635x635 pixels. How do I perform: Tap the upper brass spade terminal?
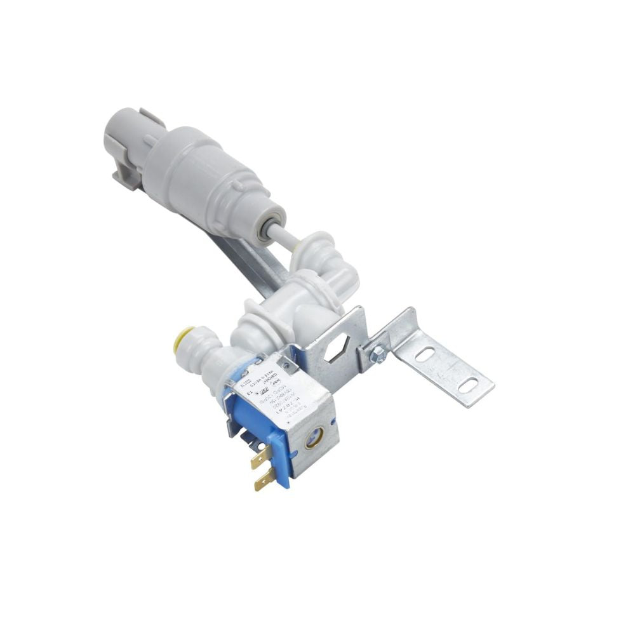[x=259, y=460]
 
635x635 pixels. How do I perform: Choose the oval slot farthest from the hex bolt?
[x=467, y=384]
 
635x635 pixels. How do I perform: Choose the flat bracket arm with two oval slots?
[x=444, y=368]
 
